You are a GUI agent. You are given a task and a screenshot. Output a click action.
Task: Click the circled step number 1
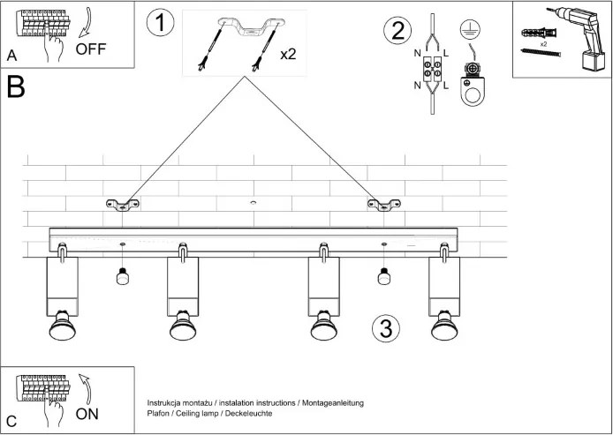click(160, 24)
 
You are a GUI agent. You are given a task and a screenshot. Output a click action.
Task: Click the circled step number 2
click(397, 31)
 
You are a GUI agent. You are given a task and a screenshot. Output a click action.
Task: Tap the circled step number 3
click(385, 328)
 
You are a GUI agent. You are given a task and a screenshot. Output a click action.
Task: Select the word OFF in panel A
click(91, 49)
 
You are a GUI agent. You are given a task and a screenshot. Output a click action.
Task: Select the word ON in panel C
click(87, 413)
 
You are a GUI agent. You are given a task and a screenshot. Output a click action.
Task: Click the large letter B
click(15, 86)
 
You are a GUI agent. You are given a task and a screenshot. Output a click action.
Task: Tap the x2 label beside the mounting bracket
click(288, 54)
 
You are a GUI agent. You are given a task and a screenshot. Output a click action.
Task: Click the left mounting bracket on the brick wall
click(124, 206)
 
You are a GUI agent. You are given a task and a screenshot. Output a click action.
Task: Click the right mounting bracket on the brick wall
click(384, 206)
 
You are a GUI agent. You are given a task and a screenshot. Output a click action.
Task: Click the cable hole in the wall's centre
click(254, 204)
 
